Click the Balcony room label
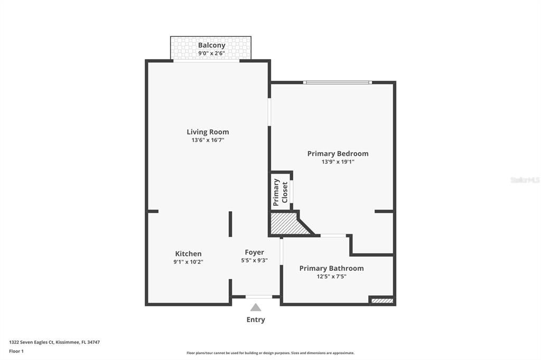coord(211,45)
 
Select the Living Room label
coord(208,132)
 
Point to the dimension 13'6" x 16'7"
coord(208,140)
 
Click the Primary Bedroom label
coord(338,154)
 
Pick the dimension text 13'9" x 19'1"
coord(338,162)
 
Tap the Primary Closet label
coord(280,192)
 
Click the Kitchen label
coord(188,253)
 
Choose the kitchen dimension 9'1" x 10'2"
coord(188,262)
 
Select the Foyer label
coord(254,252)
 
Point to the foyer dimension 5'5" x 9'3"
coord(254,260)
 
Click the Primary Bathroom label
coord(331,268)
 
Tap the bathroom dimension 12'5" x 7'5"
coord(331,276)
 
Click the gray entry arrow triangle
coord(256,308)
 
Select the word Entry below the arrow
coord(256,320)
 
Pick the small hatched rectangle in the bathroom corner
coord(382,301)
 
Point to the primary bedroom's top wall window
coord(337,82)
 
